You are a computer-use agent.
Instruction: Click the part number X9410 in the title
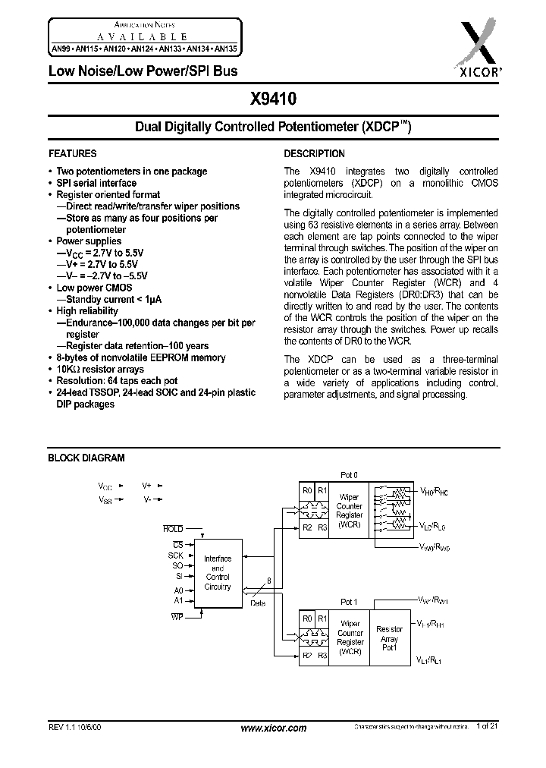click(275, 99)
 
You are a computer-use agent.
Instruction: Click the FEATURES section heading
click(73, 153)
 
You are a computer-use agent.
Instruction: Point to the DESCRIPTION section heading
click(315, 153)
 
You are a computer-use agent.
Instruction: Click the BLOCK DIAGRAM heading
click(86, 458)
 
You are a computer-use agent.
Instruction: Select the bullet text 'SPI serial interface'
click(96, 183)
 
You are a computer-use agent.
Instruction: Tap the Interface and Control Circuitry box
click(218, 573)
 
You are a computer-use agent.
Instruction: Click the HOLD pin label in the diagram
click(173, 528)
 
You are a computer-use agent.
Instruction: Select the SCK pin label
click(175, 556)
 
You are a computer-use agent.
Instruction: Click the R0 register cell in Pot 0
click(307, 491)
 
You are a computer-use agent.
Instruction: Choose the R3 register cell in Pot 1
click(322, 654)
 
